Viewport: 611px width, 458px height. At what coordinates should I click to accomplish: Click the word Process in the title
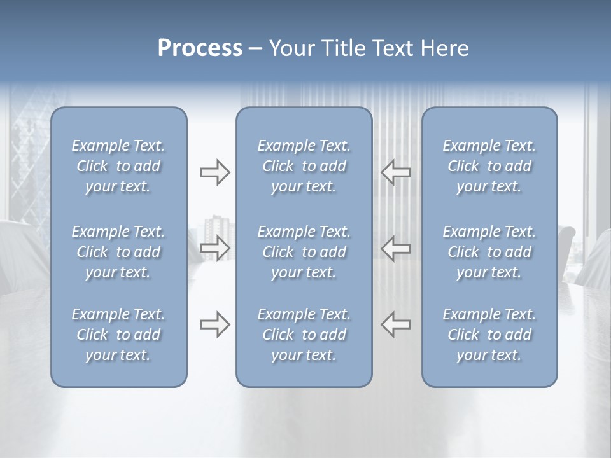point(200,48)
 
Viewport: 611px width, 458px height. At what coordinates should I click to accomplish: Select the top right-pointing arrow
point(214,172)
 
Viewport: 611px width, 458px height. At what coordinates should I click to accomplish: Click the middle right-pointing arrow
point(214,247)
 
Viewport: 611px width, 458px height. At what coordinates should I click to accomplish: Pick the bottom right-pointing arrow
point(214,324)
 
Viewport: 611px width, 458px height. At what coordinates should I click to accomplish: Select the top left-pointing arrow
point(395,172)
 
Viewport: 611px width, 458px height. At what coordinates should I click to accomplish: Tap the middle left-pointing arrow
point(395,247)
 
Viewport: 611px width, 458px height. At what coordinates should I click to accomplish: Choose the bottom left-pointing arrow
point(395,324)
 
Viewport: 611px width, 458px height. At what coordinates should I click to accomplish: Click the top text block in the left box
point(118,166)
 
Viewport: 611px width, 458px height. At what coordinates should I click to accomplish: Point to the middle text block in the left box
point(118,252)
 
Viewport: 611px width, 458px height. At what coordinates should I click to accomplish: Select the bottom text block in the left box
point(118,335)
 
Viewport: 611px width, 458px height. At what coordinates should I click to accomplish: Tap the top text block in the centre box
point(304,166)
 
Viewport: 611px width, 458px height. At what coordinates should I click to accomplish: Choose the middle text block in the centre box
point(304,252)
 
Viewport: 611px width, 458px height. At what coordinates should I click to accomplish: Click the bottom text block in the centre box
point(304,335)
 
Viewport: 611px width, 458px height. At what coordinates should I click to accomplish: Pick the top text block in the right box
point(489,166)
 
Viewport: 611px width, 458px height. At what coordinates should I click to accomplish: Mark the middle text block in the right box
point(489,252)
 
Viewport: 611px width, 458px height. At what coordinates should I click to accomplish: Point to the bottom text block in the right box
point(489,335)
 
